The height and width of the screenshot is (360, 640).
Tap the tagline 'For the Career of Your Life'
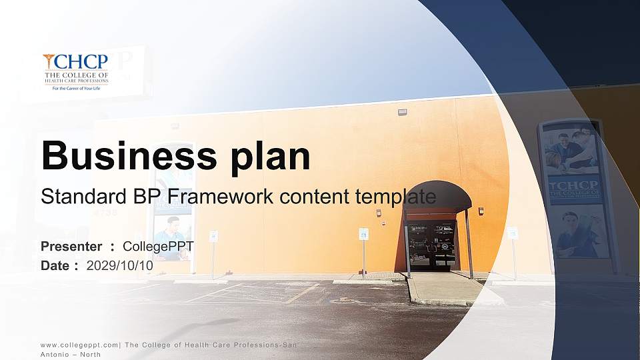pos(75,87)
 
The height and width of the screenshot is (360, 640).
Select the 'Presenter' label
pos(71,247)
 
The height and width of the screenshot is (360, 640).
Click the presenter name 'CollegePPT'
pos(159,247)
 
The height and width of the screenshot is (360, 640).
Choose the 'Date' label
pos(55,265)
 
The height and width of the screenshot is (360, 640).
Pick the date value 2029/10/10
pos(120,265)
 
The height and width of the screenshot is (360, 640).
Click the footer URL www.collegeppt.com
pos(79,345)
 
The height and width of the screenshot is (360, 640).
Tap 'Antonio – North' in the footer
pos(71,355)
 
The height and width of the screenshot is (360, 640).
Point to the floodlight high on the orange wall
pos(402,112)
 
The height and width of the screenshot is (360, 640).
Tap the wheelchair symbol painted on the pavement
pos(341,301)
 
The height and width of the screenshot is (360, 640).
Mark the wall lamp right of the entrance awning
pos(481,211)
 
